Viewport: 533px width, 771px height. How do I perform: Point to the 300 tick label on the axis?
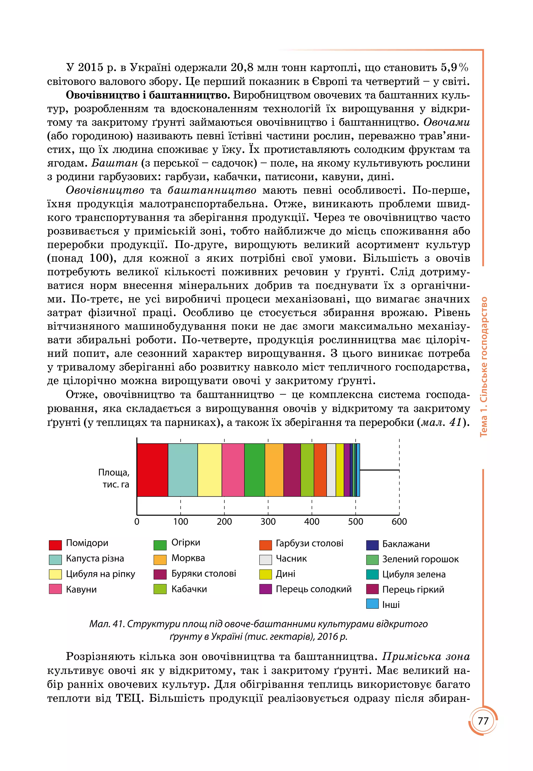pyautogui.click(x=268, y=521)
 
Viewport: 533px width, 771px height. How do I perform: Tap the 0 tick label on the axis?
pyautogui.click(x=137, y=521)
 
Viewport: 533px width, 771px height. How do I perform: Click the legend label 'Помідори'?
pyautogui.click(x=87, y=543)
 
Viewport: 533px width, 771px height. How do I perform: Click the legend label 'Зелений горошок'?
pyautogui.click(x=420, y=559)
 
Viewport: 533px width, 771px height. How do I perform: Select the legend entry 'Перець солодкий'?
pyautogui.click(x=313, y=589)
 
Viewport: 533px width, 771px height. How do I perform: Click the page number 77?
pyautogui.click(x=483, y=721)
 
